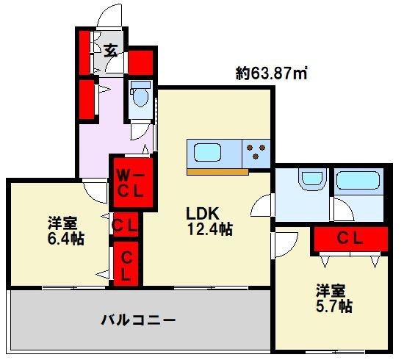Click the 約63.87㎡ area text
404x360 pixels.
click(271, 73)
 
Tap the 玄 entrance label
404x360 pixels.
click(111, 51)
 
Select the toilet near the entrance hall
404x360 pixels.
click(139, 95)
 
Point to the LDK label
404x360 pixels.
click(203, 213)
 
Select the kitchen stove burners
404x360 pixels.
click(256, 153)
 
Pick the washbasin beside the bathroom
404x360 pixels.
click(311, 179)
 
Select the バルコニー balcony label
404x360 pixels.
click(137, 320)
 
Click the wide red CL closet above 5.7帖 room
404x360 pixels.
click(350, 239)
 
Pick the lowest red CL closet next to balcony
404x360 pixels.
click(126, 264)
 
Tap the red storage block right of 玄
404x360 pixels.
click(141, 60)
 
